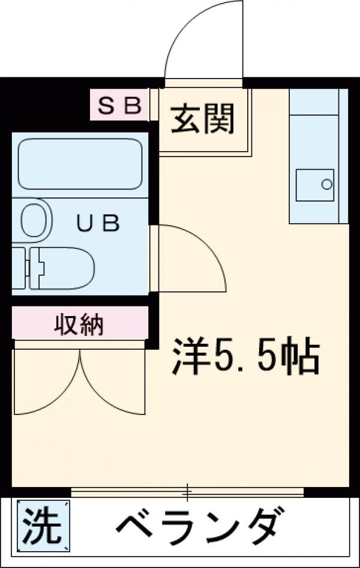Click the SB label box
coord(119,106)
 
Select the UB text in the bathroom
coord(98,223)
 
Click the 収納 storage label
coord(79,325)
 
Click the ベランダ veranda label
coord(198,525)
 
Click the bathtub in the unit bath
coord(79,164)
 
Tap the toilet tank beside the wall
coord(19,268)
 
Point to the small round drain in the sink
coord(326,184)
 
